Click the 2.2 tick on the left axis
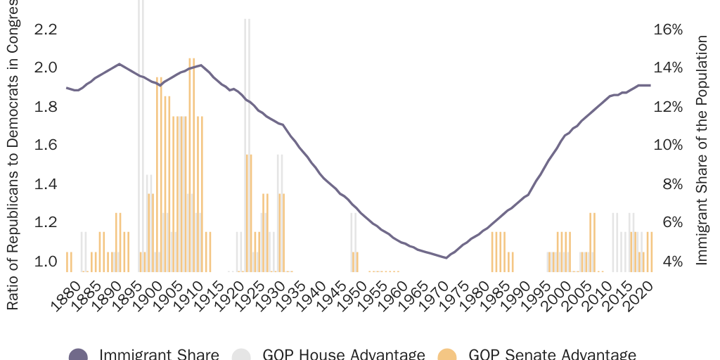[x=45, y=29]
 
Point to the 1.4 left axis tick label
[x=45, y=184]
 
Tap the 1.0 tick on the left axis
[x=45, y=262]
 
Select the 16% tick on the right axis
[x=668, y=29]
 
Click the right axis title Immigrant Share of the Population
[x=701, y=151]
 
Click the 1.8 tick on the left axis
[x=45, y=107]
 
